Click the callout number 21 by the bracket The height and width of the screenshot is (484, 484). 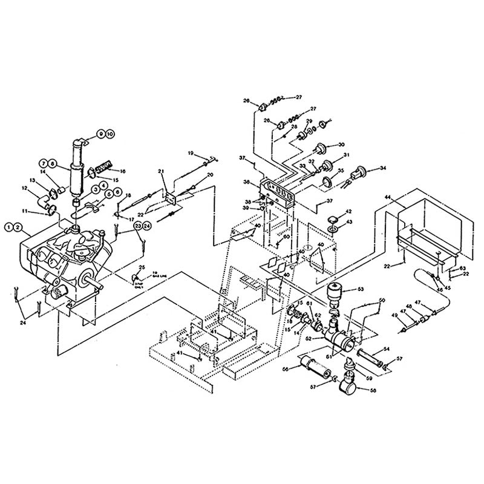point(161,172)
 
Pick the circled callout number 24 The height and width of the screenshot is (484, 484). point(146,225)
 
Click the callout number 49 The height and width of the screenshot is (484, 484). point(395,315)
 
